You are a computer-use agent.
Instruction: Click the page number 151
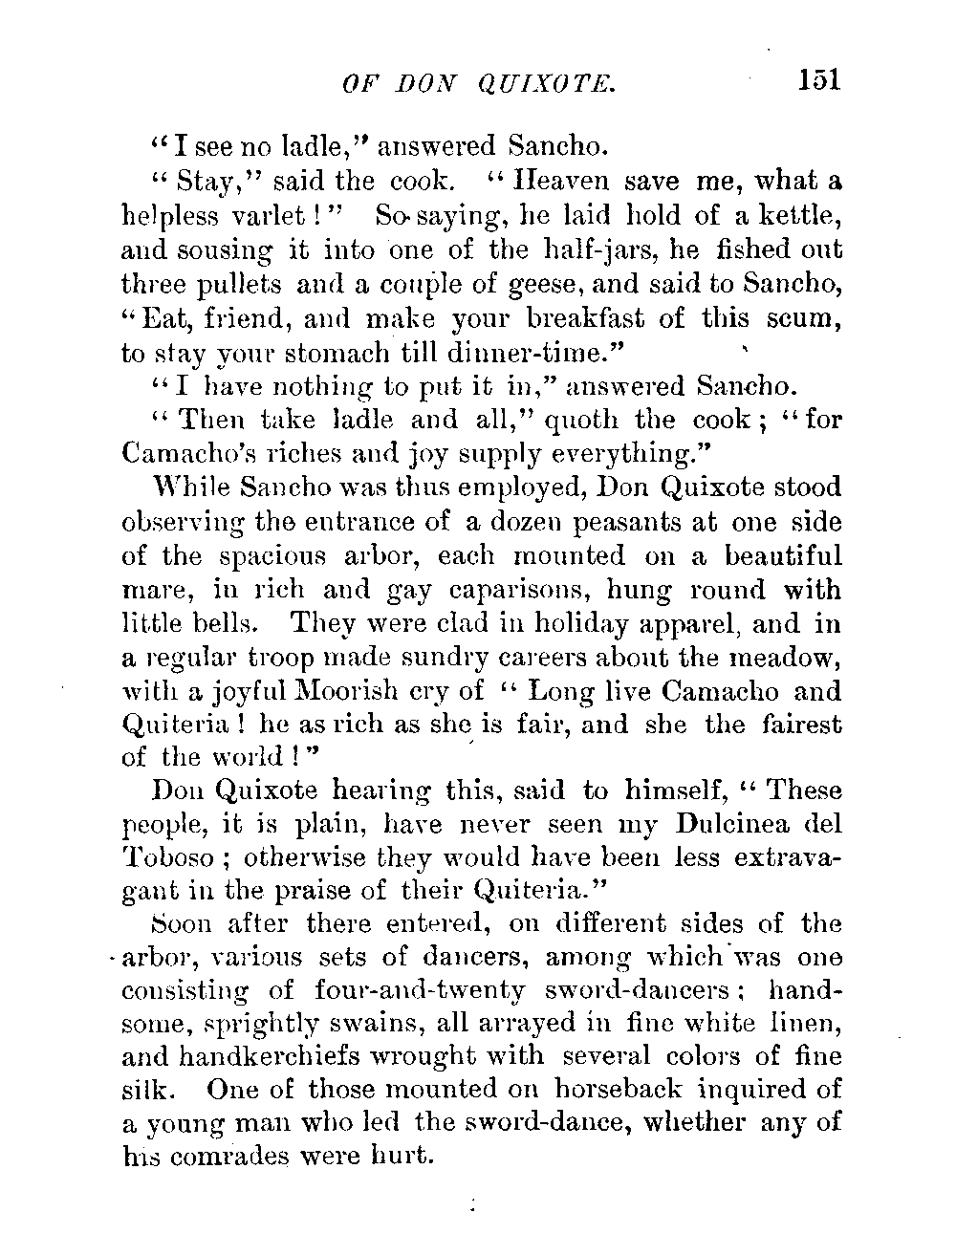[819, 79]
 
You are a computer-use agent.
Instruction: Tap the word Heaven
[549, 181]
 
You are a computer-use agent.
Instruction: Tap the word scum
[800, 318]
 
